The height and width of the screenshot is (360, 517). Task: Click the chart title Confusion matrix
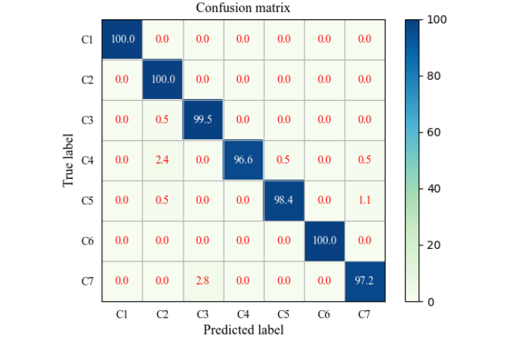coord(243,8)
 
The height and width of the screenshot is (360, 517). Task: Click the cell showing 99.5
coord(203,119)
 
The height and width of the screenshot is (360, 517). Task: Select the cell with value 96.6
coord(243,160)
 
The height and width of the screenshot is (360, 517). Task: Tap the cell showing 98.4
coord(283,200)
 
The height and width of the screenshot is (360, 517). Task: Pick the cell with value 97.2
coord(364,280)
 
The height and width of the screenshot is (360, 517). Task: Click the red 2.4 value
coord(163,160)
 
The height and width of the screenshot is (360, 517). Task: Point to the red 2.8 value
coord(203,280)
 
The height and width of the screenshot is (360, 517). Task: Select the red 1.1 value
coord(364,200)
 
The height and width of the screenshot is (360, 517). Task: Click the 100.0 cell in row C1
coord(122,39)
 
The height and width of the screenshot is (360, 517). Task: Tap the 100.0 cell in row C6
coord(324,240)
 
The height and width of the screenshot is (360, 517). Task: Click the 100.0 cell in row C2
coord(163,79)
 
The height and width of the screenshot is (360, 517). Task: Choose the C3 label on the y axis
coord(87,119)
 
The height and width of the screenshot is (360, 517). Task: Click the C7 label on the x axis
coord(364,315)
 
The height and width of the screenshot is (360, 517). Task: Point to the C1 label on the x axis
coord(122,315)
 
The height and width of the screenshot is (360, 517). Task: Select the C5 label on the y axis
coord(87,200)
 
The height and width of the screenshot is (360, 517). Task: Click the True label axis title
coord(69,160)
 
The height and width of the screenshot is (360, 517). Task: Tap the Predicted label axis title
coord(243,329)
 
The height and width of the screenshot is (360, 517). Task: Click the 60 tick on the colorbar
coord(436,132)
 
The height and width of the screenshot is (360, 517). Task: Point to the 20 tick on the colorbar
coord(436,245)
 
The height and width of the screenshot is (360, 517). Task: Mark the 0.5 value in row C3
coord(163,119)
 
